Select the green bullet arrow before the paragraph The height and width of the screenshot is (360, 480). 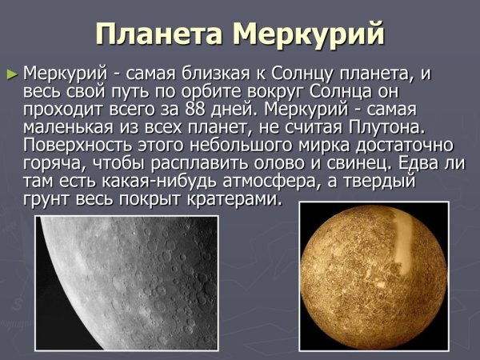[11, 74]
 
